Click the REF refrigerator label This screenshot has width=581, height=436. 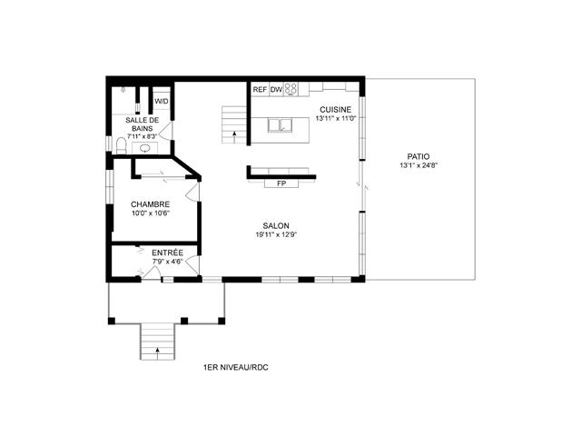tap(260, 89)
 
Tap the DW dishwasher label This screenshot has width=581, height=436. tap(276, 89)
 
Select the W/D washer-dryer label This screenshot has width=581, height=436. tap(162, 102)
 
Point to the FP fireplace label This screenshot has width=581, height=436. tap(281, 183)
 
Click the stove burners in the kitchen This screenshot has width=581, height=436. tap(291, 89)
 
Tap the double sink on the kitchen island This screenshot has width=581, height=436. tap(279, 125)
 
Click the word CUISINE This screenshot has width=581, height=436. tap(335, 109)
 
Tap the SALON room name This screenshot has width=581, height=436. tap(276, 226)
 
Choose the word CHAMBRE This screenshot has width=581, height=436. tap(149, 204)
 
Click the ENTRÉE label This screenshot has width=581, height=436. tap(167, 252)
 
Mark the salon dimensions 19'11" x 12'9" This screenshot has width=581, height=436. tap(276, 235)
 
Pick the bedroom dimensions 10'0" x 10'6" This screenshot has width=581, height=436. tap(149, 214)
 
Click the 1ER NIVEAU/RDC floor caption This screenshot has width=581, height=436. tap(236, 368)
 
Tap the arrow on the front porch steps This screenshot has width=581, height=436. tap(158, 347)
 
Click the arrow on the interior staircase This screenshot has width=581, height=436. tap(235, 133)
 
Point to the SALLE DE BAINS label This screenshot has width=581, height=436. tap(143, 124)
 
